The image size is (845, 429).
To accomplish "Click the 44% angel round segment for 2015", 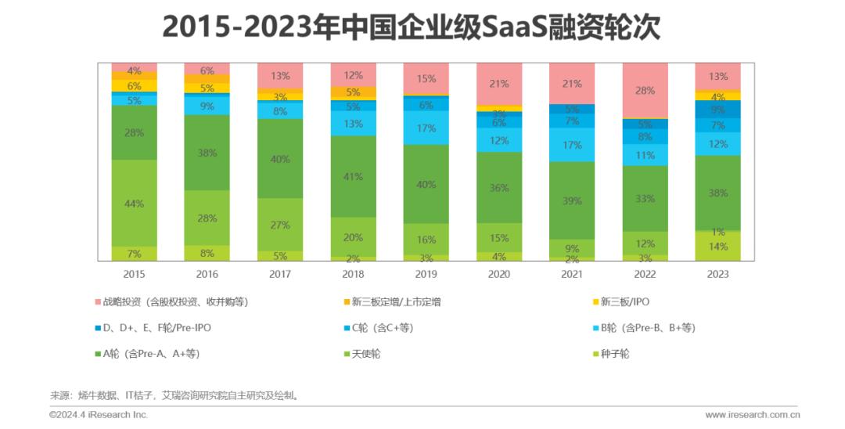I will pyautogui.click(x=134, y=204).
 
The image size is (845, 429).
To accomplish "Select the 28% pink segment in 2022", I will pyautogui.click(x=645, y=91).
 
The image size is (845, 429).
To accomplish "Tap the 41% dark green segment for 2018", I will pyautogui.click(x=353, y=176).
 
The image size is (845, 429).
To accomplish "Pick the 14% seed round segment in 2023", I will pyautogui.click(x=717, y=246).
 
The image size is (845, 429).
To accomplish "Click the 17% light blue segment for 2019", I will pyautogui.click(x=426, y=128).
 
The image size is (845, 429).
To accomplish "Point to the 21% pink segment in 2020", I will pyautogui.click(x=498, y=84).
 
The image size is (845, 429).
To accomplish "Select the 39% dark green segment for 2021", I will pyautogui.click(x=572, y=200).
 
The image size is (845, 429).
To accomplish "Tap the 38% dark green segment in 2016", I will pyautogui.click(x=207, y=153).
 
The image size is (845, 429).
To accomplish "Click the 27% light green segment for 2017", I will pyautogui.click(x=280, y=225).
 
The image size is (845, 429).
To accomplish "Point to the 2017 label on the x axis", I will pyautogui.click(x=280, y=274).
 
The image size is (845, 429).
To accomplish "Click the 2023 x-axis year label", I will pyautogui.click(x=717, y=274).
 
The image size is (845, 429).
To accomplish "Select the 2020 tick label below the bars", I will pyautogui.click(x=498, y=274).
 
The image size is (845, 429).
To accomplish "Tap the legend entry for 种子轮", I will pyautogui.click(x=613, y=354).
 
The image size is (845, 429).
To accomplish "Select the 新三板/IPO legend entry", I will pyautogui.click(x=625, y=301).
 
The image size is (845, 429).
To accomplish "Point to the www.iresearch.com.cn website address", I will pyautogui.click(x=751, y=415).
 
